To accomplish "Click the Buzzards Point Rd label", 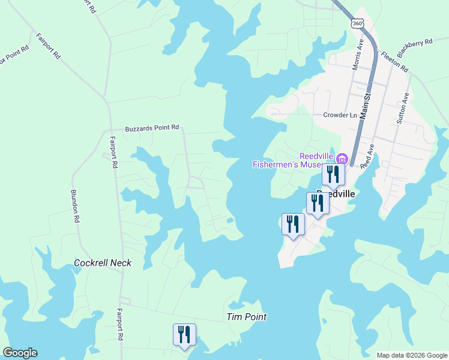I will pos(152,128).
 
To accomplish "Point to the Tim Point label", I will pos(246,317).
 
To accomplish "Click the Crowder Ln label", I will pos(340,115).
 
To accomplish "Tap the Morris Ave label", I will pos(358,55).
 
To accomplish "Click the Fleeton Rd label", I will pos(394,61).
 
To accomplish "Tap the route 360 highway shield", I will pos(358,23).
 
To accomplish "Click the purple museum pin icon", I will pos(342,159).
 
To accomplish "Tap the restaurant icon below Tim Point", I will pos(184,334).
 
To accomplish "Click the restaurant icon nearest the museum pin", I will pos(332,174).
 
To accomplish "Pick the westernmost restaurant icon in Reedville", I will pos(293,224).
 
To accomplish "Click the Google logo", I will pos(20,353).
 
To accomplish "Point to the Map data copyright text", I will pos(411,355).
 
